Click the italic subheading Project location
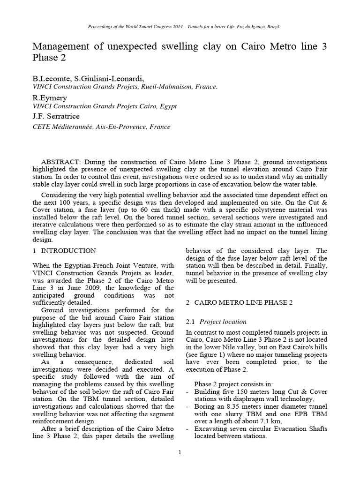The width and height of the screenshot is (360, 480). coord(223,322)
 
